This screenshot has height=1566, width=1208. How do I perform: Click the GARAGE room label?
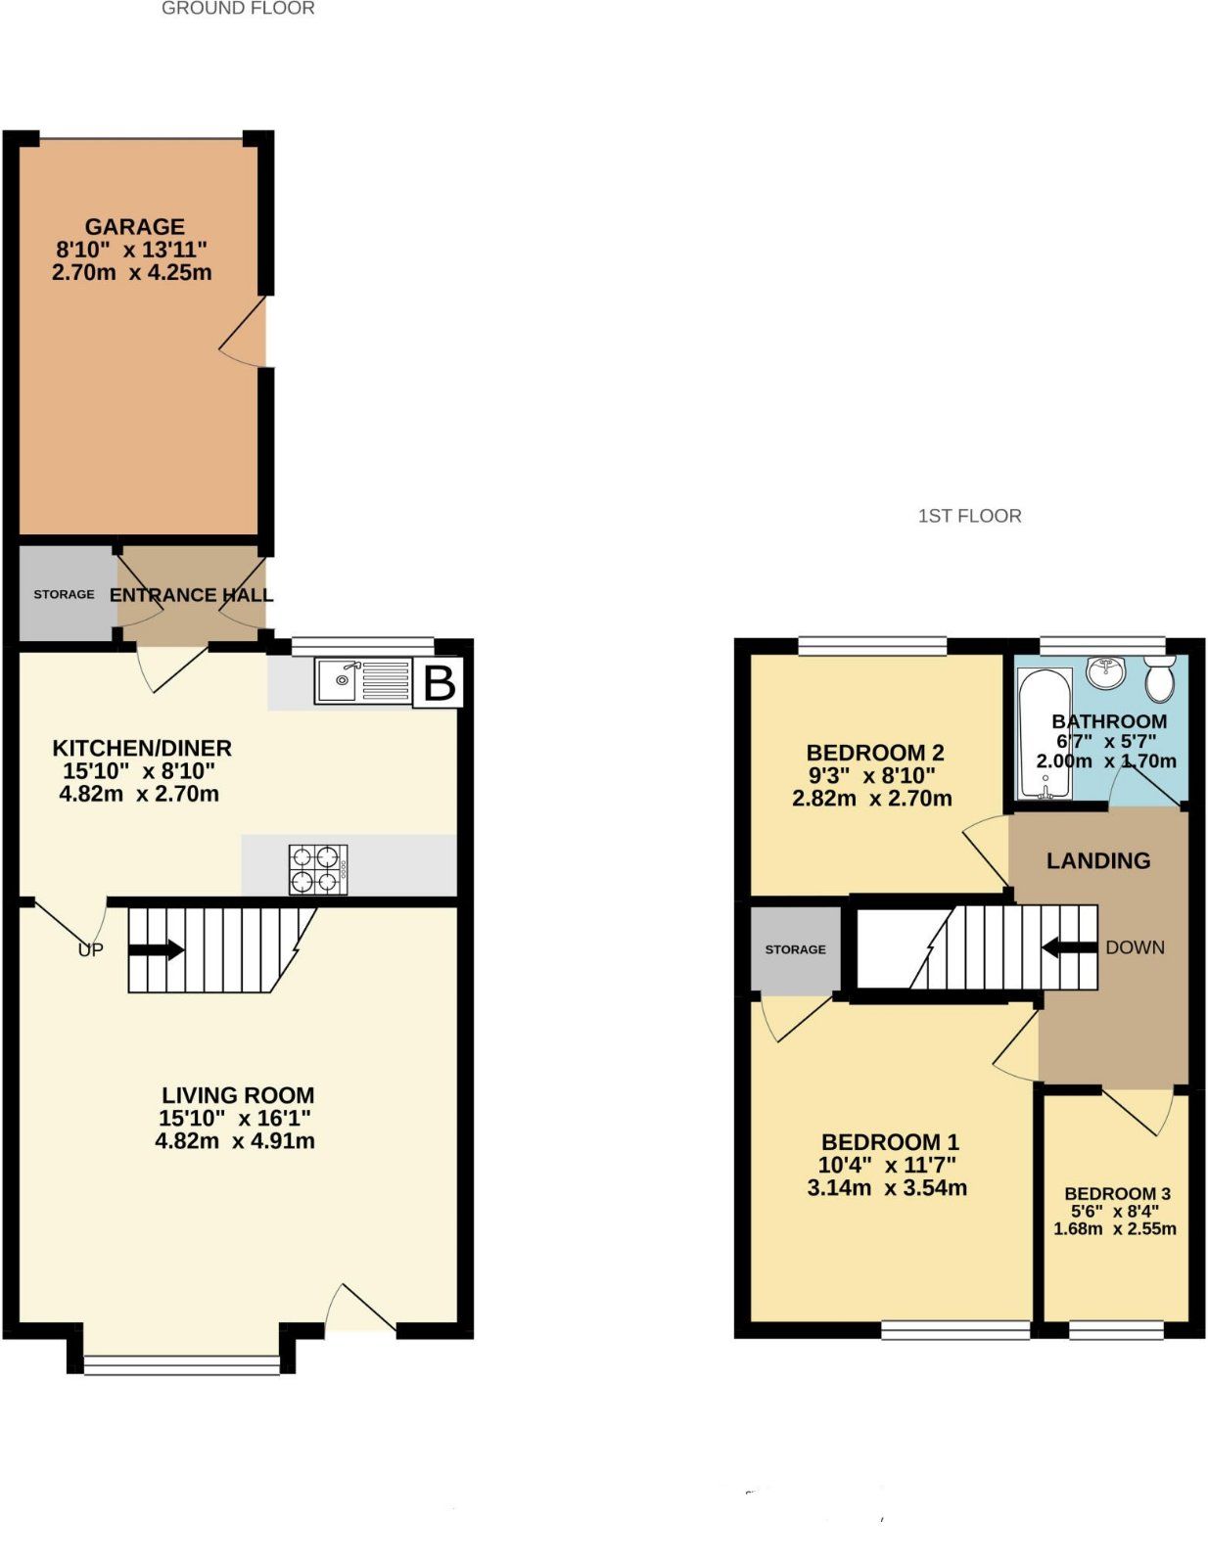point(134,227)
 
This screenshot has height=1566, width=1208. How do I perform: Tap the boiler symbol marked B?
point(440,683)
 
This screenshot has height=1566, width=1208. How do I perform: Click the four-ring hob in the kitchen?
point(318,868)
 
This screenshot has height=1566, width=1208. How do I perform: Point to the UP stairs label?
point(90,949)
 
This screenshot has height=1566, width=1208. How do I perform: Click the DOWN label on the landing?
point(1135,947)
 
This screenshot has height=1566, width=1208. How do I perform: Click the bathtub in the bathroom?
point(1045,732)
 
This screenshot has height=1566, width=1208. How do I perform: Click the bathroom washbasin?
point(1108,671)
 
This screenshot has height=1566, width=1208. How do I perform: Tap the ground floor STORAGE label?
point(64,594)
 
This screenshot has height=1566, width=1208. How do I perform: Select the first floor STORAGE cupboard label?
point(795,949)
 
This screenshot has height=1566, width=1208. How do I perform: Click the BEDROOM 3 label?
point(1117,1194)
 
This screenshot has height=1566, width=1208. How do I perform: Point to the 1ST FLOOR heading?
point(969,516)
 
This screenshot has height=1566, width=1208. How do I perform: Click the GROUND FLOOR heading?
point(238,9)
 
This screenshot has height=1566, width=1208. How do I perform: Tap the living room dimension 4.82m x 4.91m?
point(235,1141)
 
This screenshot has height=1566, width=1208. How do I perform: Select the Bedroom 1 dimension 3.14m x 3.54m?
point(887,1188)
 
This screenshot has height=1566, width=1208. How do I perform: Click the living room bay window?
point(182,1363)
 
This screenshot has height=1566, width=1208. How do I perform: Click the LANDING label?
point(1097,861)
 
